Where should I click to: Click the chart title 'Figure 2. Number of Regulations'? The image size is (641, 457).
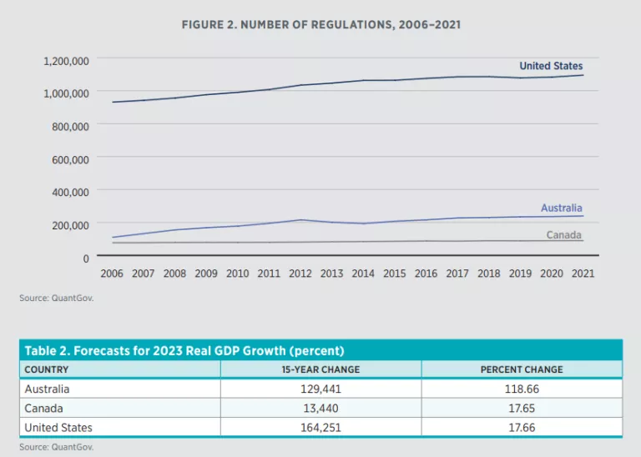(320, 25)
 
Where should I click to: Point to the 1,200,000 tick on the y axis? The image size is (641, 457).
(66, 61)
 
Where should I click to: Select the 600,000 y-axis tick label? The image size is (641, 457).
(71, 158)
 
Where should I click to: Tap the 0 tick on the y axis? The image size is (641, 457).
(86, 258)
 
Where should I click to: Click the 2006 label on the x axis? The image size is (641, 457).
(112, 273)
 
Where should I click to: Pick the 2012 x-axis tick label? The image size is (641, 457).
(300, 273)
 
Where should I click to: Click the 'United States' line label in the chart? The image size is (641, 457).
(551, 66)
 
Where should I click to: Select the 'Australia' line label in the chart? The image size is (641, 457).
(561, 208)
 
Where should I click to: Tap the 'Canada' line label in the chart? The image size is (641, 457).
(563, 235)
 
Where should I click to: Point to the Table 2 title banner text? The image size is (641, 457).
(184, 350)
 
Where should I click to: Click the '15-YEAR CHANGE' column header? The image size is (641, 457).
(320, 369)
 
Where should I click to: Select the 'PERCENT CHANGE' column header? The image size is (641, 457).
(522, 369)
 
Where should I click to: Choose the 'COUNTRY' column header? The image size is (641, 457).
(47, 369)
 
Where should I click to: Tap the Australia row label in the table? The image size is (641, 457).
(48, 389)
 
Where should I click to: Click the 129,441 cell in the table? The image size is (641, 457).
(320, 389)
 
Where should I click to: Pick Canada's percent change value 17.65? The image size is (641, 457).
(522, 408)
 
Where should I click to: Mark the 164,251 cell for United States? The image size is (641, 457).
(320, 428)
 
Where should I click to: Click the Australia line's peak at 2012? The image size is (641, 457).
(300, 220)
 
